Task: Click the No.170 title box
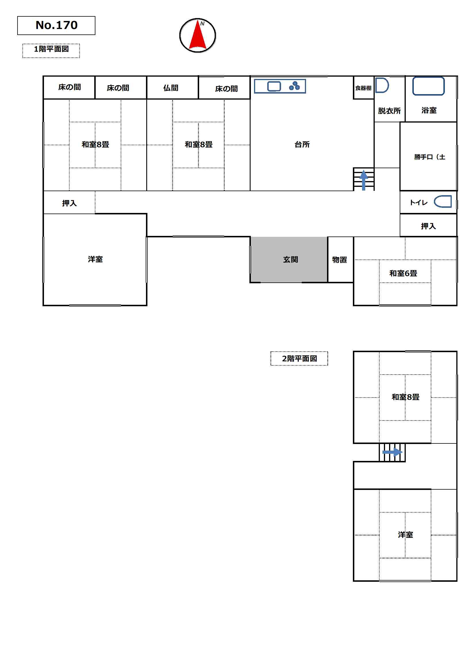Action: (56, 26)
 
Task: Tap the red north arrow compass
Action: (197, 35)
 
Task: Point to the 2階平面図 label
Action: (299, 358)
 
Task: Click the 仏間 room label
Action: (171, 88)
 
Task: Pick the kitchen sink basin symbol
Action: (274, 86)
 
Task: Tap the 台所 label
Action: (302, 144)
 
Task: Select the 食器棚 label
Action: (363, 88)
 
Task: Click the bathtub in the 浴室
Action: (428, 86)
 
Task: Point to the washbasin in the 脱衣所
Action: (382, 85)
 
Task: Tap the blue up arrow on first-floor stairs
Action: (364, 180)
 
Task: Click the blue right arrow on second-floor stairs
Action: (393, 452)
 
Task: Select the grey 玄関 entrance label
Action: (290, 259)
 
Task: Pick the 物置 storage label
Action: (339, 259)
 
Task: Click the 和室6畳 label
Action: (403, 273)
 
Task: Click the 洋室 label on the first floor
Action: (95, 259)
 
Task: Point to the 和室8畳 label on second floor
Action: (405, 397)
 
